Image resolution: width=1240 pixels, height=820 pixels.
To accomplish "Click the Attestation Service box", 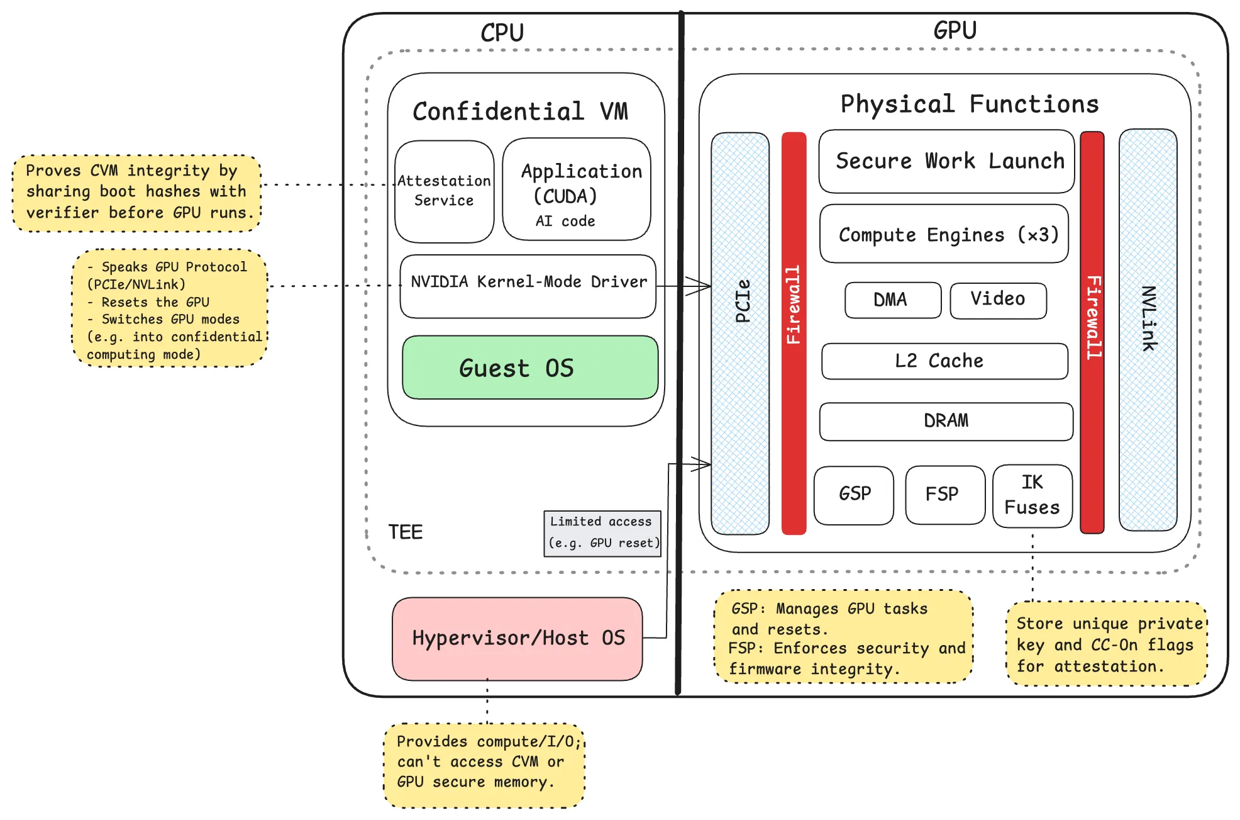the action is tap(445, 191).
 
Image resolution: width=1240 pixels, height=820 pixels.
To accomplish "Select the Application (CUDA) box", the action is tap(577, 189).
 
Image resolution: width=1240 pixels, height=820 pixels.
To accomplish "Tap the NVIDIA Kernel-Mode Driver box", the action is tap(528, 286).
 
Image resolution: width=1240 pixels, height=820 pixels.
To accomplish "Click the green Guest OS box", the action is tap(530, 368).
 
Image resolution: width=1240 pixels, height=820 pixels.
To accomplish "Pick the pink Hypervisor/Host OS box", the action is tap(518, 639).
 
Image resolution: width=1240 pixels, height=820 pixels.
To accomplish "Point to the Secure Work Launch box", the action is tap(946, 161).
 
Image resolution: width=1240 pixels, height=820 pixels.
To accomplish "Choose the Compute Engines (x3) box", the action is tap(944, 233).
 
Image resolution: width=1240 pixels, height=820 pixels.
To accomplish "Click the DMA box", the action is tap(893, 300).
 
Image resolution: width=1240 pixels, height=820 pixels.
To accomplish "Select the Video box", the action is tap(999, 300).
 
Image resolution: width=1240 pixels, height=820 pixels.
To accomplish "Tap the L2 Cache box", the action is tap(944, 361).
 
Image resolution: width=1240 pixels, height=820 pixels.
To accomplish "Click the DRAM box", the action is tap(946, 422).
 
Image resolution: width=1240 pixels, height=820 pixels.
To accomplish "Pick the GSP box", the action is tap(854, 495).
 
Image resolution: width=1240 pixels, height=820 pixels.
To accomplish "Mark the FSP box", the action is tap(945, 495).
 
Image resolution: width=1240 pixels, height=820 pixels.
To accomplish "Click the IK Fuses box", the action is tap(1032, 496).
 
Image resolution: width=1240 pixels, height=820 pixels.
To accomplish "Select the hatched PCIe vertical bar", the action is tap(740, 334).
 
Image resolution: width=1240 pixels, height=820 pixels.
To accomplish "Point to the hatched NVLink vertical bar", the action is tap(1148, 330).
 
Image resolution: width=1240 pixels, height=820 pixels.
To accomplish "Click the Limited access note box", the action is tap(602, 534).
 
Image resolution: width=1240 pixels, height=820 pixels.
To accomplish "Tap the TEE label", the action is tap(406, 532).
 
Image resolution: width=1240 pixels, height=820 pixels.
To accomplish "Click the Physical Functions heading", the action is tap(970, 104).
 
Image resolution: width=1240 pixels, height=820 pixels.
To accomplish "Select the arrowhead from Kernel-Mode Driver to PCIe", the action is tap(699, 286).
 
